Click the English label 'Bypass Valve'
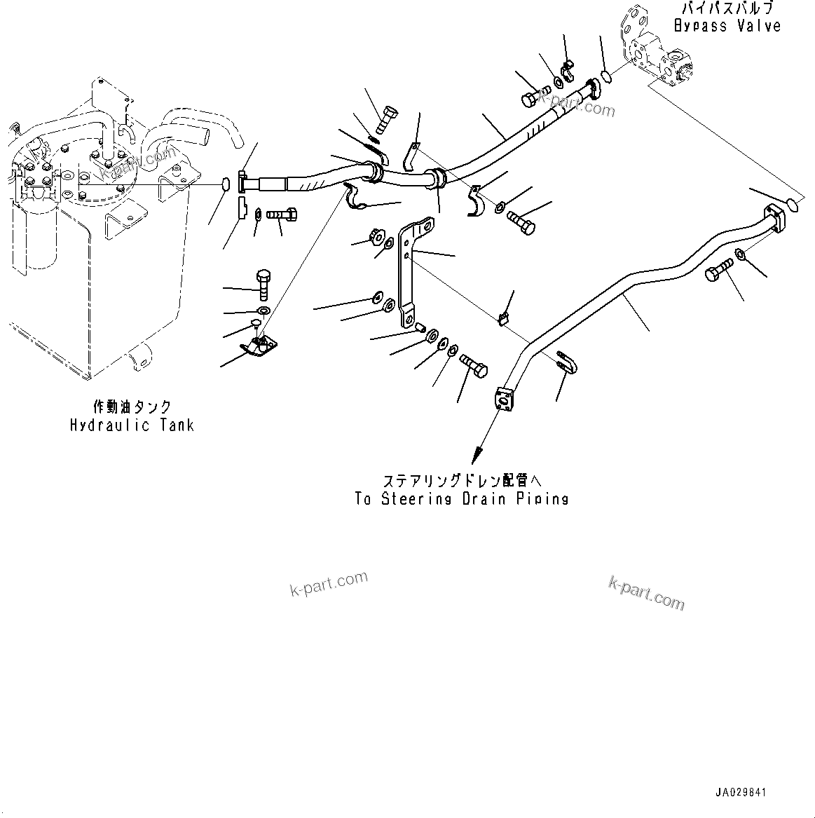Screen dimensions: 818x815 [x=727, y=26]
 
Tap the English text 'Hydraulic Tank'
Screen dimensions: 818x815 [x=132, y=425]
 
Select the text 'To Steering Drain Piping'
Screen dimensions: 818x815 [x=461, y=498]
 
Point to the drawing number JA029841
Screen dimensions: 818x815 [x=741, y=792]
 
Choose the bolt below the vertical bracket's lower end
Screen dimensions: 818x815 [x=474, y=367]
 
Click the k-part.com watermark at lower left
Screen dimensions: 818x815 [x=328, y=584]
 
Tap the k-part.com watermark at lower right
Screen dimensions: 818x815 [x=646, y=592]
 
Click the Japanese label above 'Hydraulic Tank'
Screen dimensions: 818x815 [x=132, y=407]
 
